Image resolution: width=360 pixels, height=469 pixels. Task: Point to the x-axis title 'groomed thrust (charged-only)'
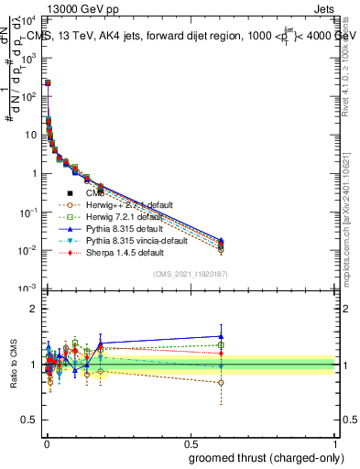(267, 458)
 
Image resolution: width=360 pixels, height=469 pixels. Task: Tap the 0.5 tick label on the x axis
(191, 442)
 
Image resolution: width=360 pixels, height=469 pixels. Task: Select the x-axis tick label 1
(334, 442)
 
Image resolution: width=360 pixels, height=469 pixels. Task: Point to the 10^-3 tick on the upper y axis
(30, 289)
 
